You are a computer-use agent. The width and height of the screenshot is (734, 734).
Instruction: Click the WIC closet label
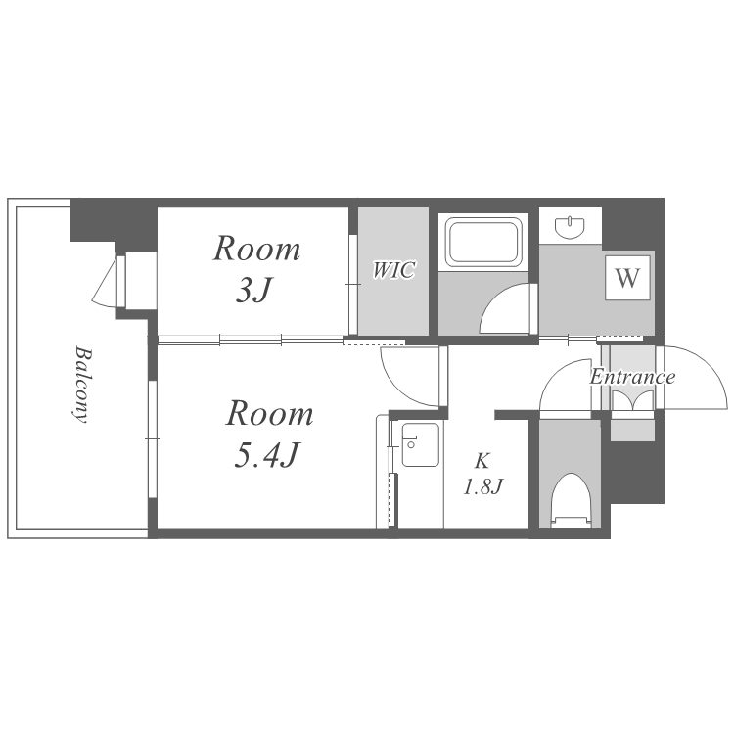coord(393,270)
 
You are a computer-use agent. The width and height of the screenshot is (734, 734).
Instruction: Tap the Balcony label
coord(81,385)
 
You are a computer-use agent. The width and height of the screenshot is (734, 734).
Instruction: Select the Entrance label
coord(632,377)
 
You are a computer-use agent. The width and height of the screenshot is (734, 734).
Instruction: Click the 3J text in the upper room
coord(253,291)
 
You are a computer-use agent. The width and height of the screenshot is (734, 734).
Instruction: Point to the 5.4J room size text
coord(266,455)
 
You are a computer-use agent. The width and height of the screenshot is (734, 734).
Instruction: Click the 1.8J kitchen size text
coord(482,487)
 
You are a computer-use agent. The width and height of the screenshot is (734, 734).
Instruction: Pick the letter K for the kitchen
coord(482,461)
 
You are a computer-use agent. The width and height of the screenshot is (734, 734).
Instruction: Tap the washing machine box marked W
coord(627,278)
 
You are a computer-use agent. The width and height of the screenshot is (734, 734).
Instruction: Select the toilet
coord(570,501)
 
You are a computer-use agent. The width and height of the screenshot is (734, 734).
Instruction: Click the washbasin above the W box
coord(570,227)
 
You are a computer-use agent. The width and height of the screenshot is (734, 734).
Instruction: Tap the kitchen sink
coord(421,444)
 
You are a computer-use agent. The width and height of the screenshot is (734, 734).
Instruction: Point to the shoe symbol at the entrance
coord(632,401)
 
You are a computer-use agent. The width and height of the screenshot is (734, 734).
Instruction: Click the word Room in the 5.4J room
coord(270,414)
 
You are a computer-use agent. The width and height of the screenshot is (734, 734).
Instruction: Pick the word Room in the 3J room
coord(256,249)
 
